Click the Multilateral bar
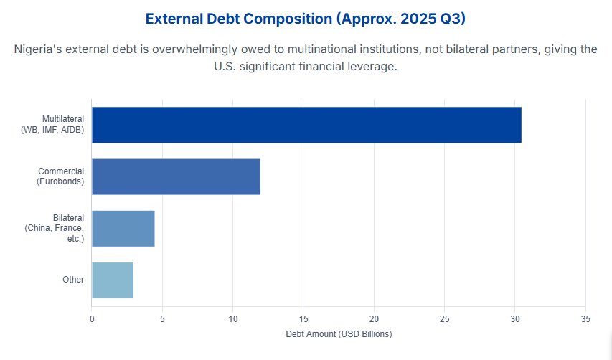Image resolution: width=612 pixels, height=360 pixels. pos(306,125)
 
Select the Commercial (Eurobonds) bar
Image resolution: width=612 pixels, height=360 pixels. pos(176,176)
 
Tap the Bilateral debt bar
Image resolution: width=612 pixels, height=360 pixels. pos(123,228)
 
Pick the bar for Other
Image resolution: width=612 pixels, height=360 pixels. pos(113,280)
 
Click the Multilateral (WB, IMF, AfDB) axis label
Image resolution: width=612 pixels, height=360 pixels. pos(53,124)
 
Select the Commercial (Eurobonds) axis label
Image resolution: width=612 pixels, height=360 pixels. pos(60,176)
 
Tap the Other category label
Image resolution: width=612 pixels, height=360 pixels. pos(73,280)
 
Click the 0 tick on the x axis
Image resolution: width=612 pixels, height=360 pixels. pos(92,318)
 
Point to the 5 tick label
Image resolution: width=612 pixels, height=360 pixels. pos(162,318)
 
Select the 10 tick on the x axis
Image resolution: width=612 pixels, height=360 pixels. pos(232,318)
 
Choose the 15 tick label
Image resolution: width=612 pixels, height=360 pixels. pos(303,318)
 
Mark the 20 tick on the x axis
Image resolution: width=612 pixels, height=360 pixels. pos(374,318)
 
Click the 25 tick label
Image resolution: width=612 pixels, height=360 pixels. pos(445,318)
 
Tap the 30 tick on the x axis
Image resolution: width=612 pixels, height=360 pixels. pos(515,318)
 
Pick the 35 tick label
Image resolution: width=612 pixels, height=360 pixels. pos(585,318)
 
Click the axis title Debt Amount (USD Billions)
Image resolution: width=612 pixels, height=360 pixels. pos(339,334)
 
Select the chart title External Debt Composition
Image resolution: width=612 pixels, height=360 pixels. pos(306,19)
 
